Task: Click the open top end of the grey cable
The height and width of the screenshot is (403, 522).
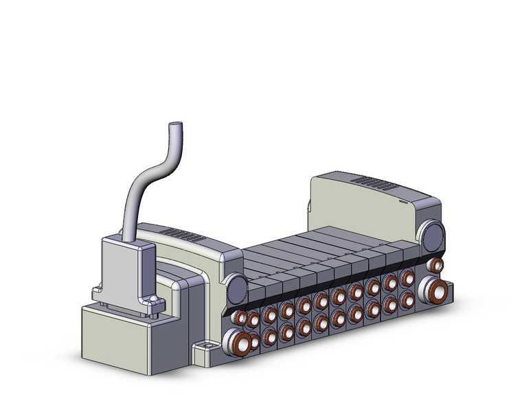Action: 177,125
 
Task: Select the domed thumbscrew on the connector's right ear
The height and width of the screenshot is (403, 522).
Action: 152,301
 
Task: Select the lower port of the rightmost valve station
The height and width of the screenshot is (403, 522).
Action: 407,299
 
